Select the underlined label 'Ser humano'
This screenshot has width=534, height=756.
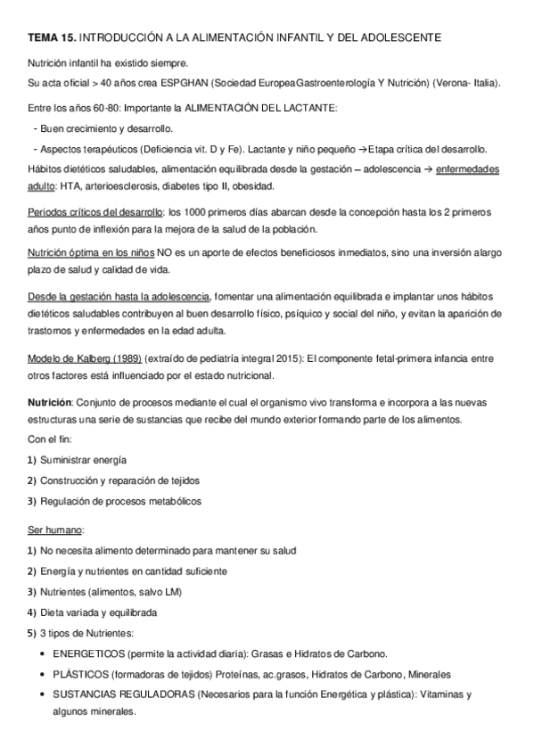55,530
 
